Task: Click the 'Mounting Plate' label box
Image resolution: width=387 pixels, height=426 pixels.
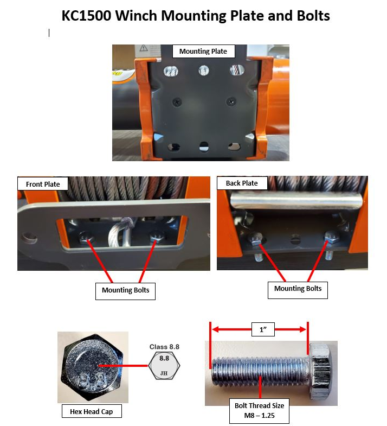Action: click(x=204, y=52)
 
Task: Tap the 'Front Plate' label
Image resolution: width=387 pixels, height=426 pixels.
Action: click(x=43, y=184)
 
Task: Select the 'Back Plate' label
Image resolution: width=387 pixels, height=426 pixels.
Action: click(x=242, y=183)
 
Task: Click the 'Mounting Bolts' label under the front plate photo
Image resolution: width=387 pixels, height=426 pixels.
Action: click(x=125, y=291)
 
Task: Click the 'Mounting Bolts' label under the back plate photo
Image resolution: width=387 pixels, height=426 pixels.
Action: click(x=298, y=290)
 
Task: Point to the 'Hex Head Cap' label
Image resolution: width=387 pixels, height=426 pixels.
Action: click(x=92, y=411)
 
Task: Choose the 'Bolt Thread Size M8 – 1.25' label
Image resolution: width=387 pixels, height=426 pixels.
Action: click(x=259, y=411)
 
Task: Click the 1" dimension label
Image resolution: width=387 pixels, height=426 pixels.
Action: click(x=263, y=329)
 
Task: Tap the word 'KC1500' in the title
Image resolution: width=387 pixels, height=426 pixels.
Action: click(x=86, y=16)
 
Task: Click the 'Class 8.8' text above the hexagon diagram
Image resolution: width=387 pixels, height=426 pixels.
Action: click(x=164, y=347)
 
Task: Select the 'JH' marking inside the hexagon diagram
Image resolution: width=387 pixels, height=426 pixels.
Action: click(x=164, y=373)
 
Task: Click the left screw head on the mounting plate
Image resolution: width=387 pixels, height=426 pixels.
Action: click(x=177, y=102)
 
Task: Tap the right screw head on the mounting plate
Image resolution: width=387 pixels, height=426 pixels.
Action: click(x=231, y=102)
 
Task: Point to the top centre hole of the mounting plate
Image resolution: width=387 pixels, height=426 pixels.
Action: click(x=204, y=71)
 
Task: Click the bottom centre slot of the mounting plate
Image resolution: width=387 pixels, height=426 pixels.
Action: click(x=204, y=146)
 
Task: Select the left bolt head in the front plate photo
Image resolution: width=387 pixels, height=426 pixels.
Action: click(x=85, y=238)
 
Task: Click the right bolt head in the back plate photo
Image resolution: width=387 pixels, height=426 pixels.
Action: click(x=332, y=238)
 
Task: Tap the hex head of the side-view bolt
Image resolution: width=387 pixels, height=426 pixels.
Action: click(x=320, y=371)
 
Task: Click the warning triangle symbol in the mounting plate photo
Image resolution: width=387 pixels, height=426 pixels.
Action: click(x=144, y=48)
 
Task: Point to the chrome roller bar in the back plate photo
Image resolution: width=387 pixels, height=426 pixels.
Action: click(x=296, y=200)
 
